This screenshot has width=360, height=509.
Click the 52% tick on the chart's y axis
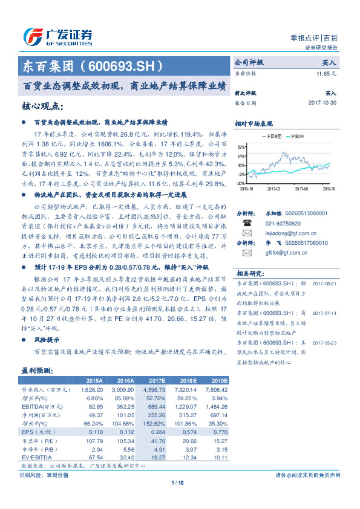[241, 147]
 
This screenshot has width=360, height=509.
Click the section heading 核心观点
[42, 107]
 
